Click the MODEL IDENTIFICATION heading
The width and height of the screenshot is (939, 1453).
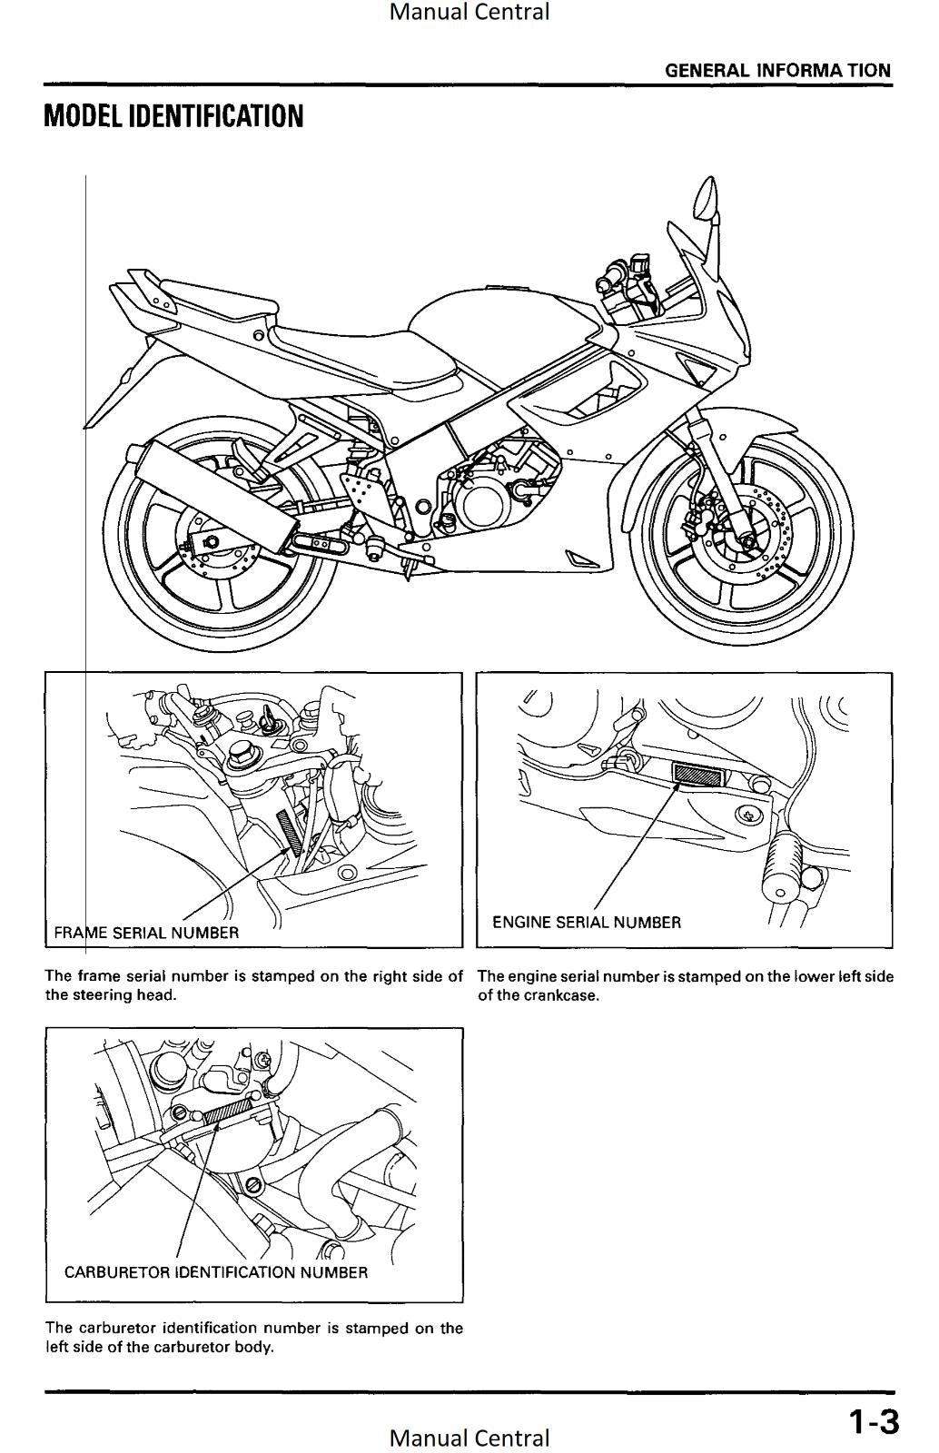pos(173,117)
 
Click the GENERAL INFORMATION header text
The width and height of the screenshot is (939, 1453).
pos(777,71)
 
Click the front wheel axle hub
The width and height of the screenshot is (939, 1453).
pos(750,541)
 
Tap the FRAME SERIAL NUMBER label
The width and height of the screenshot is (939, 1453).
pos(146,933)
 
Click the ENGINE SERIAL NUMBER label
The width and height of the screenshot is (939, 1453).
pos(586,923)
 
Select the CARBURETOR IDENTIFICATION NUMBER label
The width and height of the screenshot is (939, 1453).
pos(216,1272)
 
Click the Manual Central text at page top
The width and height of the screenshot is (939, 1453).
pos(469,12)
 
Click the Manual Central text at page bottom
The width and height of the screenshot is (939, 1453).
pos(469,1438)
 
